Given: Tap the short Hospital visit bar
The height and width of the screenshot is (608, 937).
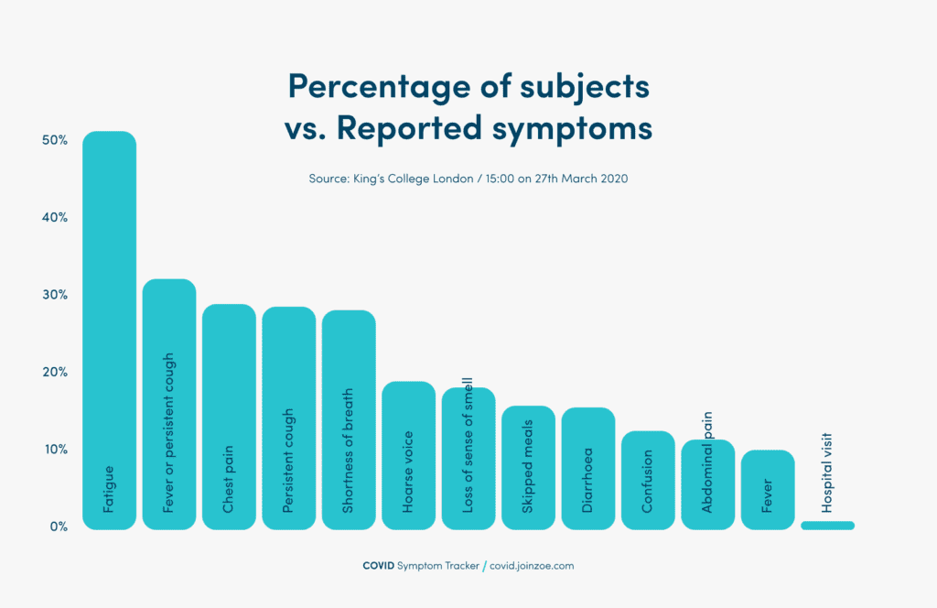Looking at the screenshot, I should point(827,526).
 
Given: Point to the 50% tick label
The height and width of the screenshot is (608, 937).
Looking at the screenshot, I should point(54,140).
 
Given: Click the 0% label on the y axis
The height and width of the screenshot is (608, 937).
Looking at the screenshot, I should point(57,527).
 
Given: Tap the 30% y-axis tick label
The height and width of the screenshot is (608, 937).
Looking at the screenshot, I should point(54,295).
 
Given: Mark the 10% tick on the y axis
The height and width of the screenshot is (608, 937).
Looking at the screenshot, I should point(54,450).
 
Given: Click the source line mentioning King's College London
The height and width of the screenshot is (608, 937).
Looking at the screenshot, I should point(468,179).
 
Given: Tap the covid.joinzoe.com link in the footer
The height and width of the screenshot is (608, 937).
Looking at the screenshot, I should point(532,566).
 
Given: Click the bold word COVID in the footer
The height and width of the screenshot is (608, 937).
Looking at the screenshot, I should point(379,566).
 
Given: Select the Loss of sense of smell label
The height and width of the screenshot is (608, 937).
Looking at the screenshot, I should point(468,450).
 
